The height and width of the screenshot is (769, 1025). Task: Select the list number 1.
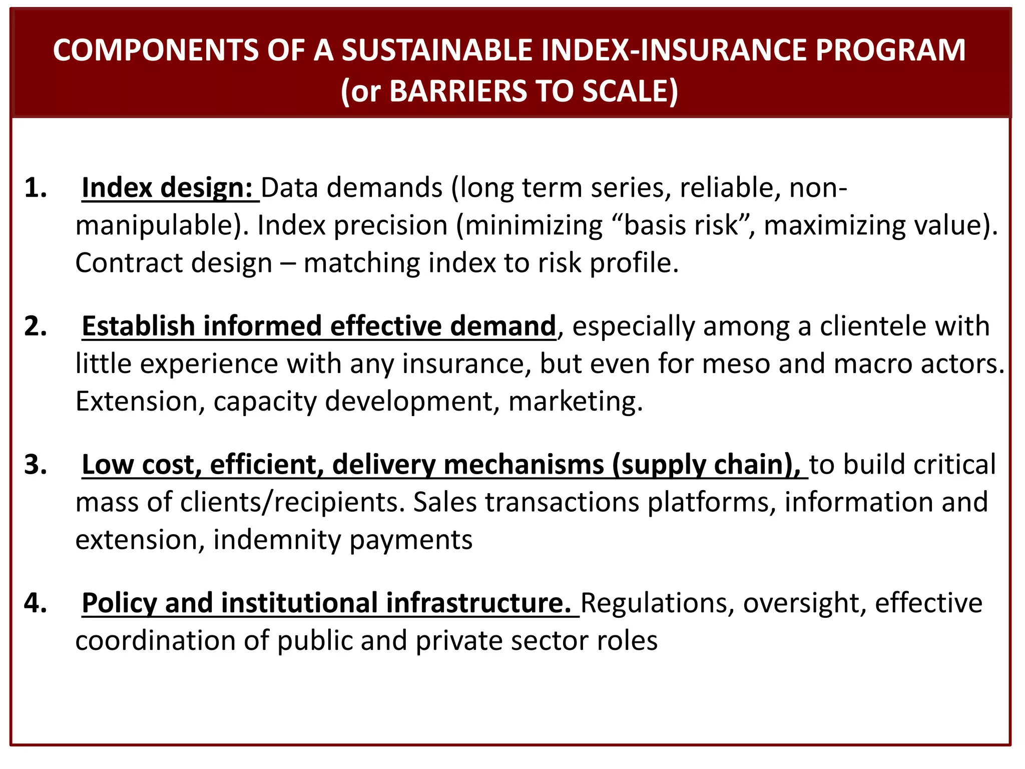coord(36,188)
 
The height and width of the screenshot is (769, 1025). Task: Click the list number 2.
coord(36,326)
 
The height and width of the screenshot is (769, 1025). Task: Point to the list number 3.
coord(36,465)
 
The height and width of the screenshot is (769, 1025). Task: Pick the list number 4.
coord(36,603)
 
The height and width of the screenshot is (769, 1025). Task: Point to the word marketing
coord(575,402)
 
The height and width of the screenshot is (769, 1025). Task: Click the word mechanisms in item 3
coord(524,465)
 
